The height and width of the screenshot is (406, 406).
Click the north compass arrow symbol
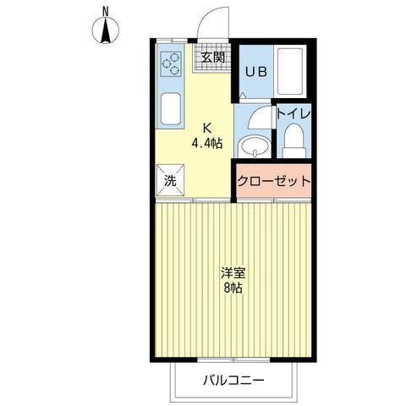pyautogui.click(x=106, y=30)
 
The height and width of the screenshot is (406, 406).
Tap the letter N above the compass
pyautogui.click(x=106, y=12)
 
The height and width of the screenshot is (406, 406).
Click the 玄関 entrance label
pyautogui.click(x=213, y=58)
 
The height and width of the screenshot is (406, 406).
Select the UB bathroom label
pyautogui.click(x=256, y=72)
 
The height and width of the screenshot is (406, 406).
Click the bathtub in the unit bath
pyautogui.click(x=290, y=72)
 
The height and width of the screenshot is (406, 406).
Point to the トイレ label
pyautogui.click(x=294, y=113)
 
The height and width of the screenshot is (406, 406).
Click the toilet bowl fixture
pyautogui.click(x=294, y=141)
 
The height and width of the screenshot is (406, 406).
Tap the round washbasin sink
pyautogui.click(x=254, y=146)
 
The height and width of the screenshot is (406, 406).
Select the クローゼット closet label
pyautogui.click(x=273, y=181)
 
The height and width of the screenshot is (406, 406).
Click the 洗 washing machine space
pyautogui.click(x=170, y=180)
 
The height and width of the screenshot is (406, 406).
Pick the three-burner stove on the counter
pyautogui.click(x=171, y=64)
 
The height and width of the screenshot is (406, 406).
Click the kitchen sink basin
pyautogui.click(x=171, y=109)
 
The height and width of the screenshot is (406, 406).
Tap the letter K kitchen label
pyautogui.click(x=207, y=129)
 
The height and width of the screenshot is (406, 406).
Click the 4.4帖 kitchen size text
pyautogui.click(x=207, y=144)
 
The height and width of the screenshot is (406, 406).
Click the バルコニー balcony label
pyautogui.click(x=233, y=381)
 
